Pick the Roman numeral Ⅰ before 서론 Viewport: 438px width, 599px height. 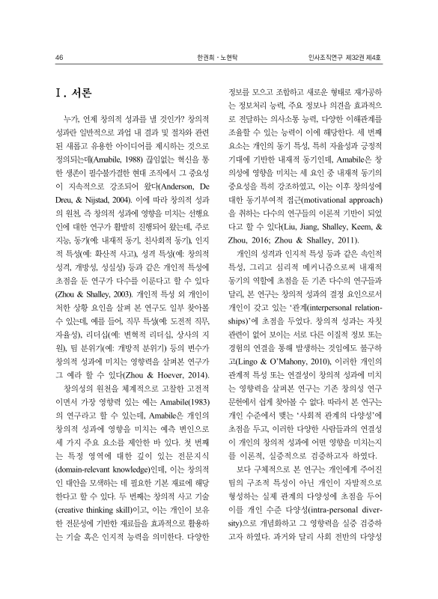coord(60,94)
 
